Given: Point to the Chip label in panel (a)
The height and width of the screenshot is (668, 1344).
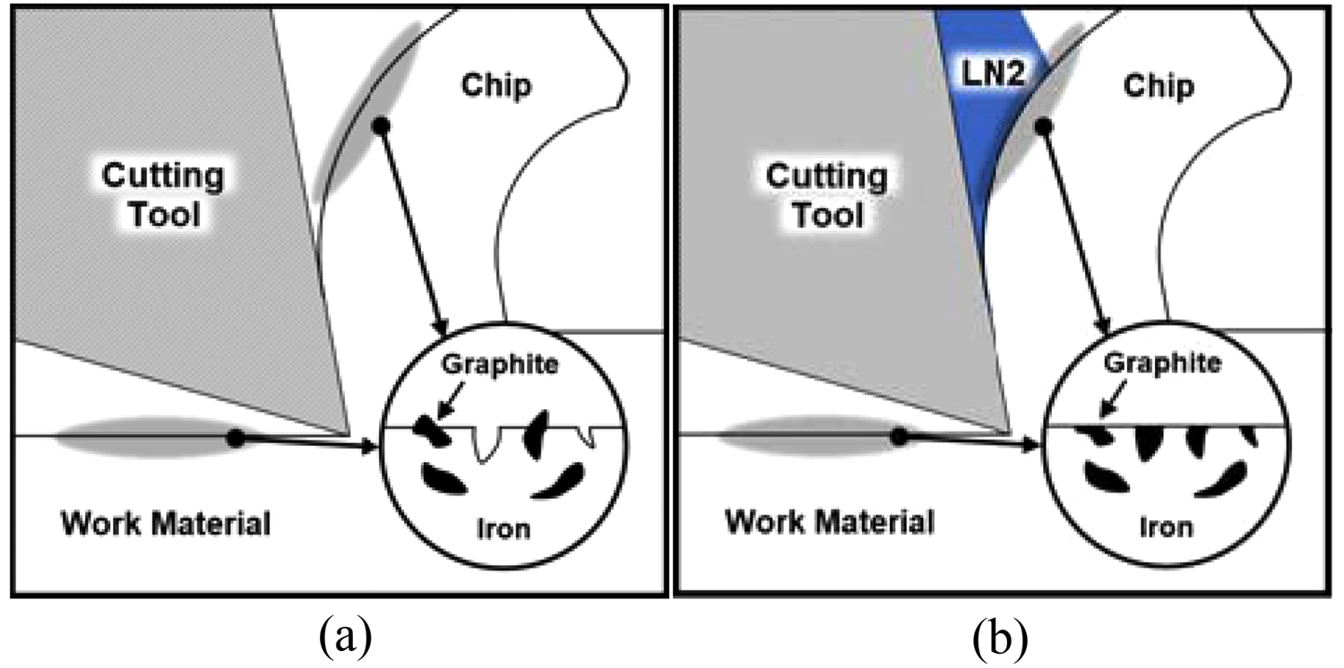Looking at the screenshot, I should [495, 86].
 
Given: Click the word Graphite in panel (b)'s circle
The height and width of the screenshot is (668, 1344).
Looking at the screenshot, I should [1163, 364].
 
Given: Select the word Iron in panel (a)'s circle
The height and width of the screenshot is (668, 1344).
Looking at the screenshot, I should [502, 528].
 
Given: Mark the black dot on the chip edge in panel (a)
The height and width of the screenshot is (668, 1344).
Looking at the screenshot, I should [381, 126].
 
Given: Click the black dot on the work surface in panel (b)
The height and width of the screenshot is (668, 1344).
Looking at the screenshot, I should [900, 436].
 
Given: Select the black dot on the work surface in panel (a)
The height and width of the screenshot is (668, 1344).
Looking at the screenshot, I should [236, 438].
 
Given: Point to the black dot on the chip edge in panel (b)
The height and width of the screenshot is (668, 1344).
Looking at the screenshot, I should [1042, 127].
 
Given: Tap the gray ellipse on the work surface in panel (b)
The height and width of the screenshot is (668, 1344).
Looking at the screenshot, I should [806, 438].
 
